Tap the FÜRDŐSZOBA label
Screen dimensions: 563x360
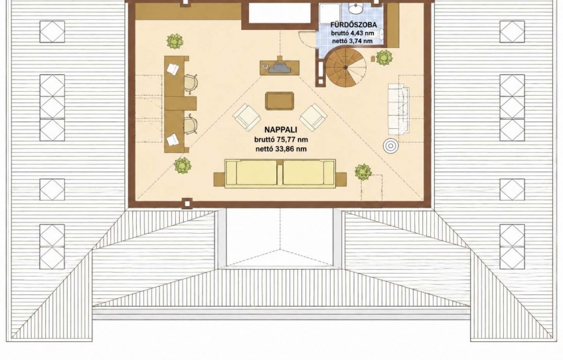point(354,25)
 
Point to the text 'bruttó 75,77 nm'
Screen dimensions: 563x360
point(281,139)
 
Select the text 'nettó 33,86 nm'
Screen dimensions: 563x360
point(281,148)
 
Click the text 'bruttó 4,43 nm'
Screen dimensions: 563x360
point(354,33)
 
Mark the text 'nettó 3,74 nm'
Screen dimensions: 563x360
point(353,41)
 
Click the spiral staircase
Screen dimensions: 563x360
point(345,68)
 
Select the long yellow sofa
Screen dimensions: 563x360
point(280,173)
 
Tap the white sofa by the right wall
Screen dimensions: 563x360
point(398,109)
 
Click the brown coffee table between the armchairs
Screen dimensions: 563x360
point(280,101)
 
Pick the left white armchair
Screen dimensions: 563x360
point(247,117)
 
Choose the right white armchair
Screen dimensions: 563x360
point(313,117)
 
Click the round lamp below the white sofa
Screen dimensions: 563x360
point(390,145)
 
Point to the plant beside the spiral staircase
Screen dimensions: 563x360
point(384,58)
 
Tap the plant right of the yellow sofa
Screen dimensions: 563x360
point(363,172)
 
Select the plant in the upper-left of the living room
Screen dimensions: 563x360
point(175,42)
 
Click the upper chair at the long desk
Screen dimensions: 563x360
point(191,82)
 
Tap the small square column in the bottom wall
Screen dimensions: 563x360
point(187,203)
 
